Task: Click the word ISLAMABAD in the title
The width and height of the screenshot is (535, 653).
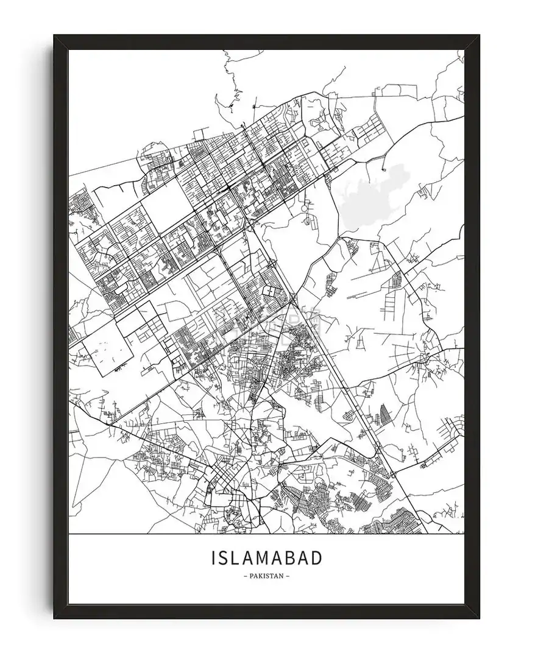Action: point(266,558)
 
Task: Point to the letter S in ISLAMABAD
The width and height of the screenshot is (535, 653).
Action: point(222,558)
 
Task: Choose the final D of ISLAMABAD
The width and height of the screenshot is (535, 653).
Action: point(316,558)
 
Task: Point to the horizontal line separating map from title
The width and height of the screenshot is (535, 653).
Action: point(266,534)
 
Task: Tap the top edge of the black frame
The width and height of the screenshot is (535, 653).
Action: point(266,41)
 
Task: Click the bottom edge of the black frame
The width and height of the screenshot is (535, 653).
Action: point(266,612)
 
